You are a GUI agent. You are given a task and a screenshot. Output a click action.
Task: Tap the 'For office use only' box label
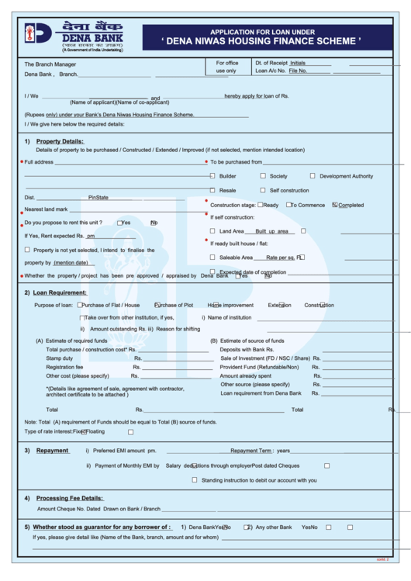(x=227, y=67)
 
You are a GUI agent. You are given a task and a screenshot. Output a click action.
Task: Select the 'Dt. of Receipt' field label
(x=271, y=63)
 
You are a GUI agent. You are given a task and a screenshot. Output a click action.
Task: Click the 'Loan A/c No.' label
(x=271, y=71)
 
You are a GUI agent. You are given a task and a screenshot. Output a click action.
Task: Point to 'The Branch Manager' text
(x=50, y=64)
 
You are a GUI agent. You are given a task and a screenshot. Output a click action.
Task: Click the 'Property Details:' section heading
(x=60, y=141)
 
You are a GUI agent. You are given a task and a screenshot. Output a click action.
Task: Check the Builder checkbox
(x=212, y=176)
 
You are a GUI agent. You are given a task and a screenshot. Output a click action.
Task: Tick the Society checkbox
(x=262, y=176)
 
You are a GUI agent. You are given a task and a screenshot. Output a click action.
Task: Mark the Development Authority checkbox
(x=313, y=176)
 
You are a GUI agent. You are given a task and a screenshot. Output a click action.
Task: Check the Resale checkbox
(x=212, y=190)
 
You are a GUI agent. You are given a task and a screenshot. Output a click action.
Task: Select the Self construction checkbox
(x=262, y=190)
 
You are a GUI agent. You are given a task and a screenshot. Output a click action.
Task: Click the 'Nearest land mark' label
(x=47, y=209)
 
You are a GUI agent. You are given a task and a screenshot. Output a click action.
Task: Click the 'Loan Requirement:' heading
(x=60, y=292)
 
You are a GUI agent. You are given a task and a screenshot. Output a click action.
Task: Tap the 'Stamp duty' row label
(x=59, y=358)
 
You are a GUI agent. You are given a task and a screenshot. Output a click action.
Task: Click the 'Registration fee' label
(x=64, y=367)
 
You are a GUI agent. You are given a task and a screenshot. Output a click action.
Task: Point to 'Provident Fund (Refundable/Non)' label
(x=265, y=367)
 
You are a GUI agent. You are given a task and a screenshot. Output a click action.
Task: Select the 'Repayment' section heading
(x=53, y=450)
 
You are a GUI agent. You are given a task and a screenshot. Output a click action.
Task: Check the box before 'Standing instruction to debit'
(x=195, y=480)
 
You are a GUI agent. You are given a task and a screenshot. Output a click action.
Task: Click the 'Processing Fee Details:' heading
(x=69, y=498)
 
